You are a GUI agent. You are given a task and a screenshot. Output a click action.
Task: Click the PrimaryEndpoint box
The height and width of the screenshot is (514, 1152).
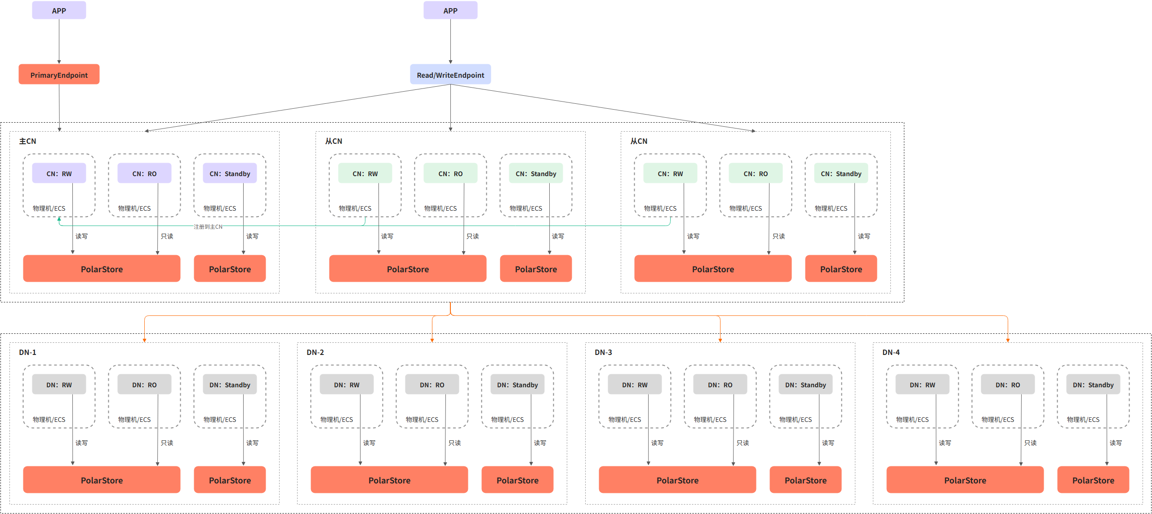[x=59, y=74]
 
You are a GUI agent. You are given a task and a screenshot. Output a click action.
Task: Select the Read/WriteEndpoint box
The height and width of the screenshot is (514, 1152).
[x=450, y=74]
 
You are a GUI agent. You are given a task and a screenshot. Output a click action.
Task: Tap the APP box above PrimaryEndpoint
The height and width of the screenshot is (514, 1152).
[x=59, y=10]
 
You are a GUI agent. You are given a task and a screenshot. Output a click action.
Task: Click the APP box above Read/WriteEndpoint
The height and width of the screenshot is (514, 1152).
[x=450, y=10]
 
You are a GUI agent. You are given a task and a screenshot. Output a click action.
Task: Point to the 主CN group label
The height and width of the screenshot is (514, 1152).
[x=27, y=141]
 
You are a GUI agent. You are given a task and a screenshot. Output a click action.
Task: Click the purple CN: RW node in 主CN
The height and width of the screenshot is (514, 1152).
[x=59, y=173]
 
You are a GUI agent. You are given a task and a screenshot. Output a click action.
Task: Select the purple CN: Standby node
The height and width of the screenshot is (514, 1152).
[x=230, y=173]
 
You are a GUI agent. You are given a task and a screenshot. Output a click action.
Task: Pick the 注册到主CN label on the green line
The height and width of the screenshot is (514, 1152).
[x=208, y=226]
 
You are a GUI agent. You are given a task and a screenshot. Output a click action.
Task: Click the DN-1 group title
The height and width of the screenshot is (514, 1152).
[x=27, y=352]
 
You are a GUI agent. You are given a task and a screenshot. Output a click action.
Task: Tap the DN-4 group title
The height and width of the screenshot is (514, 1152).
[x=891, y=352]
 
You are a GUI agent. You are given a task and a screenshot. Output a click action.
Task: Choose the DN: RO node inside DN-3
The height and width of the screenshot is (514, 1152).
[x=720, y=384]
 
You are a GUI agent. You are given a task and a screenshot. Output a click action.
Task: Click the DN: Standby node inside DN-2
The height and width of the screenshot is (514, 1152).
[x=517, y=384]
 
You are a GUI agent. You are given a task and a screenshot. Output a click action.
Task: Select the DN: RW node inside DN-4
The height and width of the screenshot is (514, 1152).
[x=922, y=384]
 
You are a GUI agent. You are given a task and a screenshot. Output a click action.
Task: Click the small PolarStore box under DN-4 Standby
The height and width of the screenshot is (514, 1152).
[x=1093, y=480]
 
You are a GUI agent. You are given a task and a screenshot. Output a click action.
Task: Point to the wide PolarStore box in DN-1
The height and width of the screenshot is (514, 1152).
[x=102, y=480]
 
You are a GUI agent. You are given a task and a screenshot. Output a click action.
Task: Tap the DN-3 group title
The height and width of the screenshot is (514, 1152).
[x=603, y=352]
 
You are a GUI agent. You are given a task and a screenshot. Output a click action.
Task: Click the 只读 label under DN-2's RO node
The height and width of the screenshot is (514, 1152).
[x=454, y=443]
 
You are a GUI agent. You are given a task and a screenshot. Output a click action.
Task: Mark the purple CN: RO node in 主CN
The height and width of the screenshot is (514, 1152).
[x=144, y=173]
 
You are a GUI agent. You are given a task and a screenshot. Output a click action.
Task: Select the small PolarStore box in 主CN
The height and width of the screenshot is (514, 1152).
[x=230, y=269]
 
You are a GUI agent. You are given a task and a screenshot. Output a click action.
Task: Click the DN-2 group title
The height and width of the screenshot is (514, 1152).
[x=315, y=352]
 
